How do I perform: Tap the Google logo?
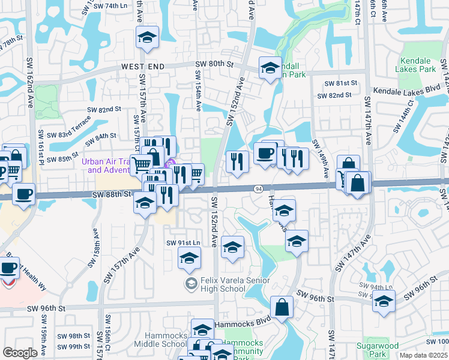point(20,353)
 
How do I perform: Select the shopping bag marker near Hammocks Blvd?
point(282,308)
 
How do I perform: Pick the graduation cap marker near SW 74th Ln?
point(147,38)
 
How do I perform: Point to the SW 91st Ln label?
point(182,242)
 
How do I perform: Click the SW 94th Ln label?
point(372,287)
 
